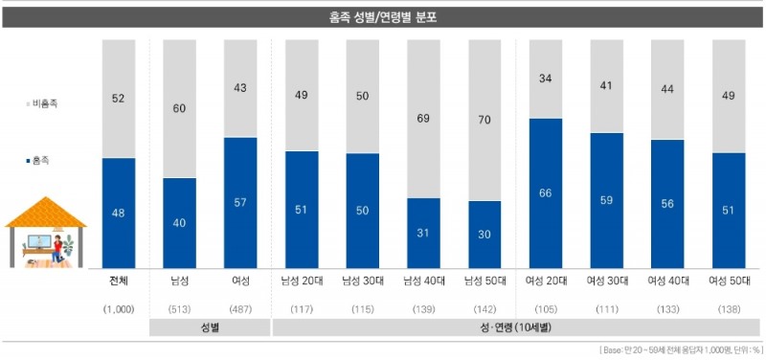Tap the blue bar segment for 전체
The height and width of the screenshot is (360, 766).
[119, 213]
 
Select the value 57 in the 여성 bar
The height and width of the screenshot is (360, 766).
[241, 202]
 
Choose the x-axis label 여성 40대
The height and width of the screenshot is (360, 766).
[668, 281]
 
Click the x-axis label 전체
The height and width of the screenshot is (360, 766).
[119, 281]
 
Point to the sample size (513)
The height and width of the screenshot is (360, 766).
[180, 308]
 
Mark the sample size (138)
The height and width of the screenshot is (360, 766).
[730, 308]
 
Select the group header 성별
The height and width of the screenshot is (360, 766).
[211, 327]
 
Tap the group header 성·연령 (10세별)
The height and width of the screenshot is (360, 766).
[516, 327]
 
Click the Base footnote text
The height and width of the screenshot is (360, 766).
[680, 350]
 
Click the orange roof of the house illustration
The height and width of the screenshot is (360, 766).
[46, 212]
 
